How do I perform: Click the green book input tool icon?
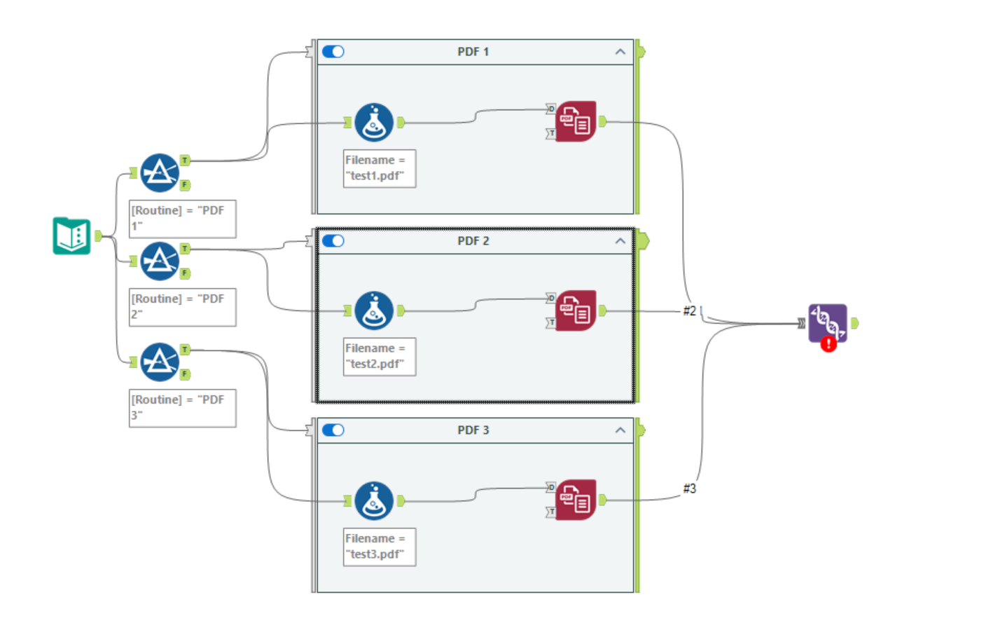[71, 235]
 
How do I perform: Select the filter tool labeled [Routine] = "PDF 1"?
[160, 172]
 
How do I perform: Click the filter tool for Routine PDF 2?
[160, 261]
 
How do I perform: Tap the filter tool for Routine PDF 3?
[160, 362]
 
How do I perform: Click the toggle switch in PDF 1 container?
[333, 52]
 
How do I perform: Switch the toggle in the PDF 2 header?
[333, 241]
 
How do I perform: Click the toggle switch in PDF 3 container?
[333, 430]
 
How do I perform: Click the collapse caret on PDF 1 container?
[620, 52]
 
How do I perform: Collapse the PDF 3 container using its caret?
[620, 430]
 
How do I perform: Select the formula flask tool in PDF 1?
[374, 123]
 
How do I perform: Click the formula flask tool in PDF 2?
[374, 310]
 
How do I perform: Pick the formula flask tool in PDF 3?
[374, 500]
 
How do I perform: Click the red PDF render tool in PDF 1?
[576, 121]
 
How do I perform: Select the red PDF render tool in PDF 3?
[576, 500]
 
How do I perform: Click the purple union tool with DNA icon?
[828, 322]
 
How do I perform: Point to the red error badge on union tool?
[828, 344]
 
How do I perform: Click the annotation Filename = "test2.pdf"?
[379, 357]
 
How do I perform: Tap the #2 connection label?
[690, 310]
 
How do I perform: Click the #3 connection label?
[690, 489]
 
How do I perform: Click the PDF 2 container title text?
[473, 241]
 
